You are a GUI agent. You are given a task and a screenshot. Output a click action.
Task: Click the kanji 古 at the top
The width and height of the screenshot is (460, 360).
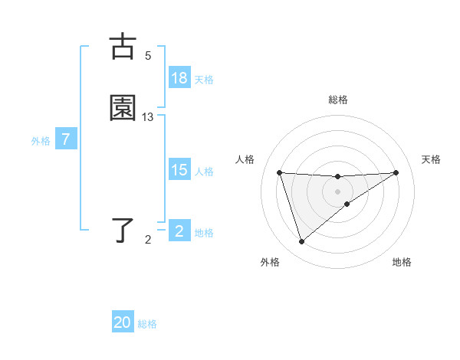point(123,47)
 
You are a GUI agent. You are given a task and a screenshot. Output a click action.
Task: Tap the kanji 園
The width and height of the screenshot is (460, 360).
point(123,108)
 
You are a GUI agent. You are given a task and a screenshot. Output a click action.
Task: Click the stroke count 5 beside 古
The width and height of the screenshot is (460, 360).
point(148,56)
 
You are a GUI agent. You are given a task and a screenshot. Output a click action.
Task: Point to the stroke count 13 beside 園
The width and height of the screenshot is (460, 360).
point(148,117)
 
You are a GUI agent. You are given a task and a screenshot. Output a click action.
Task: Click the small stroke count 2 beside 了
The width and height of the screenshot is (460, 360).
point(148,240)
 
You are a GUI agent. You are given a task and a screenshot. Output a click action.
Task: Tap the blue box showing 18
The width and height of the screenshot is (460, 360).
point(179,78)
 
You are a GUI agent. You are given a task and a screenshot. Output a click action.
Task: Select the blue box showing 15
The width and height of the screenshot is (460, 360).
point(179,170)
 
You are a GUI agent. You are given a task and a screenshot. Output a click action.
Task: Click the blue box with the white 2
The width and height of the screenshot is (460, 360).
point(179,231)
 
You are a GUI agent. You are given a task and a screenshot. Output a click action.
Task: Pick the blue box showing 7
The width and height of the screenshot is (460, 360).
point(66,140)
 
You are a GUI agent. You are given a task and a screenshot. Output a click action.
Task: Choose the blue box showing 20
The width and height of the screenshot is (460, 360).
point(123,323)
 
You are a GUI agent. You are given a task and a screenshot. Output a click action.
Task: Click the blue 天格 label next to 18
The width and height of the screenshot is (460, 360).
point(204,80)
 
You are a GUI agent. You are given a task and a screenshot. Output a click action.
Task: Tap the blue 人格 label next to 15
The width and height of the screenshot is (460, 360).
point(204,172)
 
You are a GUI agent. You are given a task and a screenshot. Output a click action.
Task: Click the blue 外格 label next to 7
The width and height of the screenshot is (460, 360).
point(41,141)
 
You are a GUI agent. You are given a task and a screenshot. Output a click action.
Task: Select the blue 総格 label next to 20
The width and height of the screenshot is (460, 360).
point(147,325)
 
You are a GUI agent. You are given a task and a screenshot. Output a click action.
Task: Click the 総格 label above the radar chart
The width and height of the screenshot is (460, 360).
point(338,100)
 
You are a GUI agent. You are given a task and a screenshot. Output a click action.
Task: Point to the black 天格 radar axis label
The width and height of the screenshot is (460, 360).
point(431,159)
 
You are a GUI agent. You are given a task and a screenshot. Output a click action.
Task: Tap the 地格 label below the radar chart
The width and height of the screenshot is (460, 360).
point(402,262)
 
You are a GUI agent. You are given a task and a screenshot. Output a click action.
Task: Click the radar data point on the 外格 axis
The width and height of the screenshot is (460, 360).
point(301,242)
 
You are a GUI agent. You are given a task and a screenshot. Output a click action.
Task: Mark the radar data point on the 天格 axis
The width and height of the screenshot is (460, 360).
point(396,172)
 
